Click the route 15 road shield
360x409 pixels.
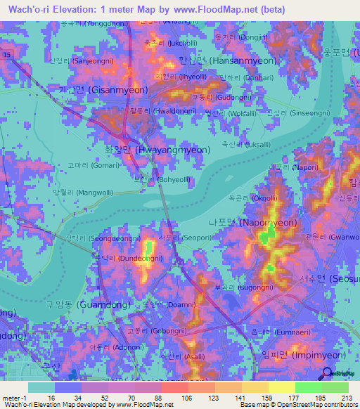coord(6,53)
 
